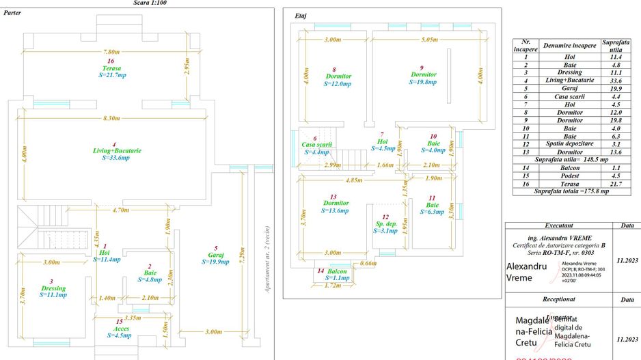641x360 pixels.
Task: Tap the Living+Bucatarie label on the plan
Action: tap(113, 150)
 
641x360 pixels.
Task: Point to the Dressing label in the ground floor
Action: tap(53, 288)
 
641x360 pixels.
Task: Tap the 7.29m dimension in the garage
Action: tap(243, 257)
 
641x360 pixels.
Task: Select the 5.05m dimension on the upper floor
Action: tap(428, 40)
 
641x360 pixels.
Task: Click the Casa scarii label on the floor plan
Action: tap(316, 145)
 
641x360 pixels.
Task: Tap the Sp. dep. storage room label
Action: tap(387, 224)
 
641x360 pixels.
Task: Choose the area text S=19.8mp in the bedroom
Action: tap(424, 82)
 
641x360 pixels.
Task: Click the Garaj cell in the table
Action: tap(569, 88)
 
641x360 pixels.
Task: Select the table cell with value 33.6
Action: tap(616, 80)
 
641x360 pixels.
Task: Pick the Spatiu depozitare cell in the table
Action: tap(569, 143)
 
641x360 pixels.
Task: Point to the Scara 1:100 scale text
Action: tap(150, 3)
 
